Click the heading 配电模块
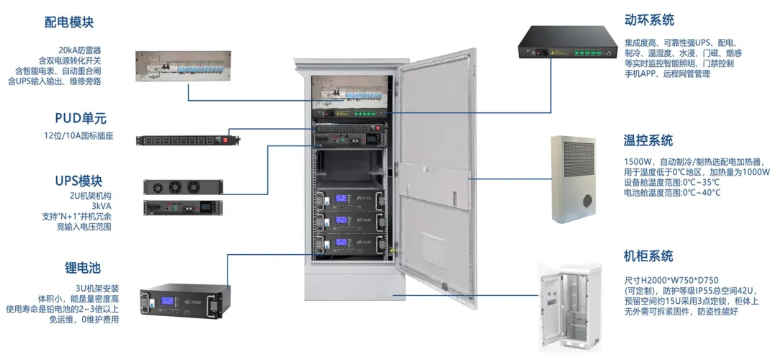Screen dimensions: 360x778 pyautogui.click(x=69, y=22)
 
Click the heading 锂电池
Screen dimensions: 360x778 pyautogui.click(x=83, y=268)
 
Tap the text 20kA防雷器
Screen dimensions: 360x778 pyautogui.click(x=80, y=49)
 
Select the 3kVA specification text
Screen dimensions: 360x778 pyautogui.click(x=101, y=206)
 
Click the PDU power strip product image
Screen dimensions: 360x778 pyautogui.click(x=188, y=140)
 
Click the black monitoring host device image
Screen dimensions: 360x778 pyautogui.click(x=570, y=45)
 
